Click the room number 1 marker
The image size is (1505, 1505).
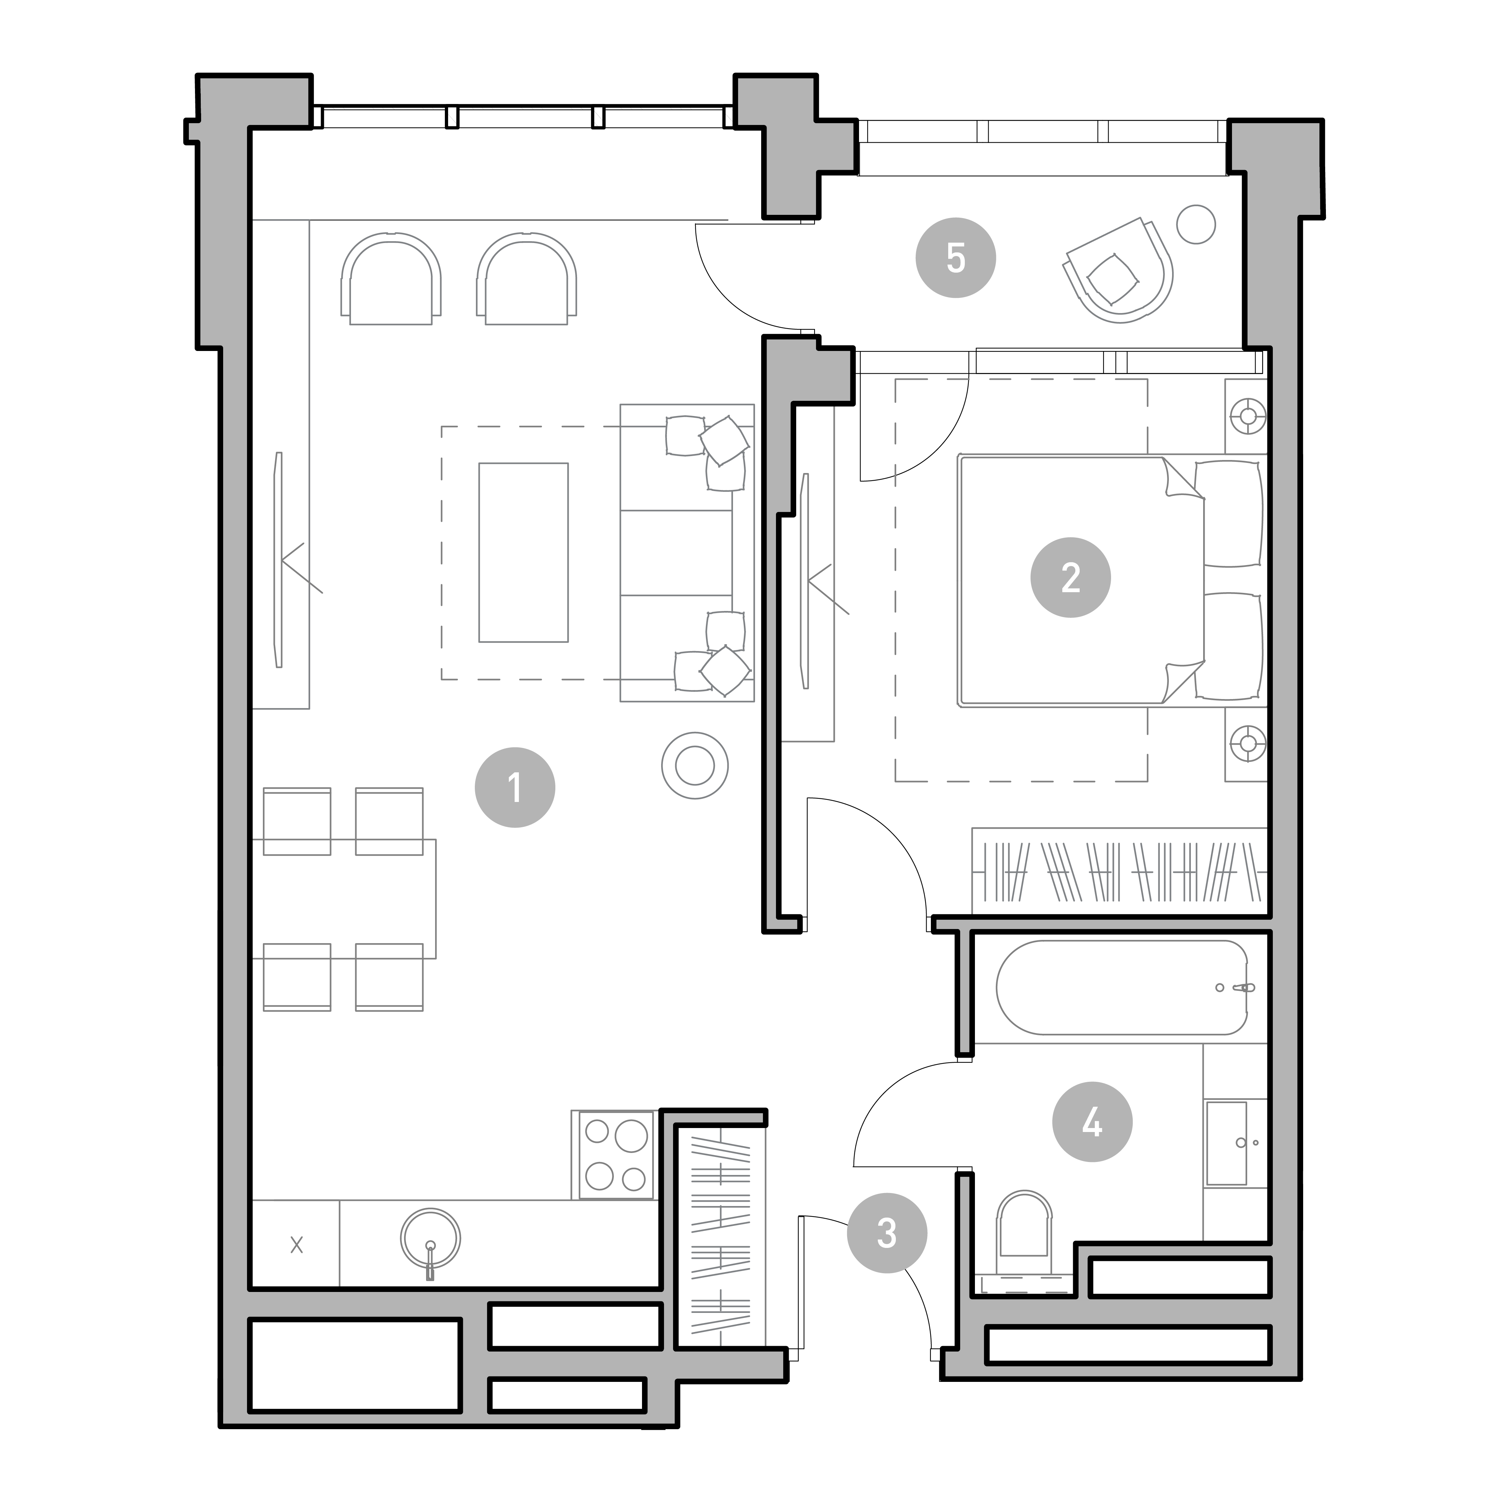tap(515, 788)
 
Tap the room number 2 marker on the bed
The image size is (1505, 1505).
tap(1070, 577)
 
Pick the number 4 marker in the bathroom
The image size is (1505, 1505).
tap(1092, 1122)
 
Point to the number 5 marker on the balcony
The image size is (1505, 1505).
tap(956, 257)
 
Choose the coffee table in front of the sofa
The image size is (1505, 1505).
tap(524, 552)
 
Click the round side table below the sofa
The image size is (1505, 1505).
tap(695, 766)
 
